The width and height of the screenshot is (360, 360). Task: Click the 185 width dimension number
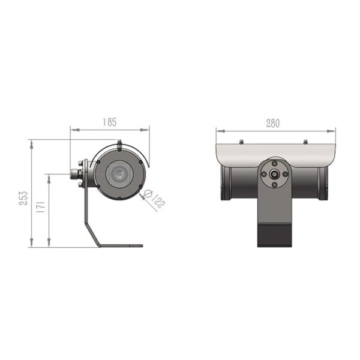click(x=109, y=122)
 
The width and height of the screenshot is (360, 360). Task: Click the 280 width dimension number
click(x=273, y=124)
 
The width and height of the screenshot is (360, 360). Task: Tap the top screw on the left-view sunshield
click(x=119, y=143)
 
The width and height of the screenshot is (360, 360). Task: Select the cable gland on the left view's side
click(x=76, y=175)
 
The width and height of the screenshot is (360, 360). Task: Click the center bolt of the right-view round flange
click(x=274, y=174)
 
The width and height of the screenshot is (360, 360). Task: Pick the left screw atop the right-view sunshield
click(x=241, y=142)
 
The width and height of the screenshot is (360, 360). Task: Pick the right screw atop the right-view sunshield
click(x=306, y=142)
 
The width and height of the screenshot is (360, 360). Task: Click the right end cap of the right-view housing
click(x=324, y=183)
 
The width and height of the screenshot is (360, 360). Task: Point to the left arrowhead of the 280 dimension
click(x=218, y=130)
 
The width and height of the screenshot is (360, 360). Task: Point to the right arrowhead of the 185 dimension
click(x=147, y=128)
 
